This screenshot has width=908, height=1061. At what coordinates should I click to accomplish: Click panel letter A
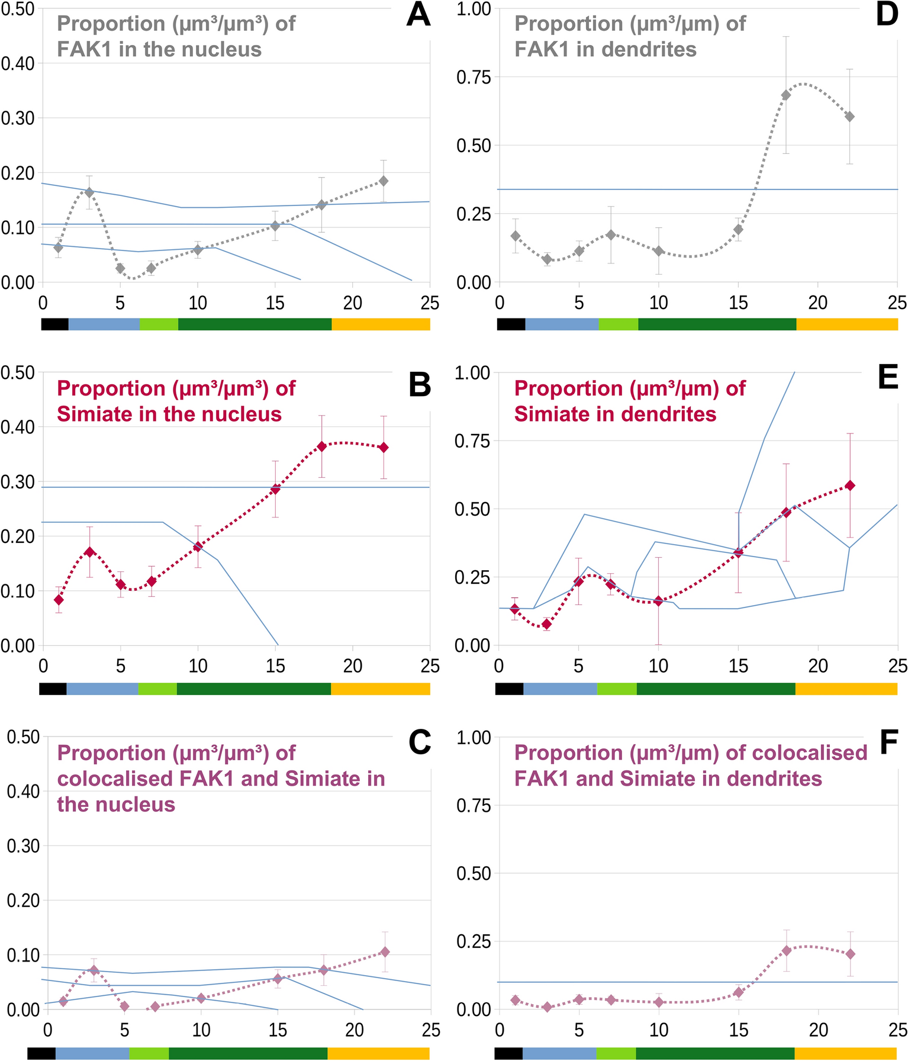tap(418, 16)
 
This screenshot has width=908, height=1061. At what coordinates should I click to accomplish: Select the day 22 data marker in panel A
tap(384, 181)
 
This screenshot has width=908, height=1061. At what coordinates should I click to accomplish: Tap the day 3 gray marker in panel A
tap(89, 192)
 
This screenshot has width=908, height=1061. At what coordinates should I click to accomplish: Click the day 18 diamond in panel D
tap(786, 95)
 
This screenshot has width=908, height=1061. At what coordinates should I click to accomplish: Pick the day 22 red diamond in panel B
tap(384, 448)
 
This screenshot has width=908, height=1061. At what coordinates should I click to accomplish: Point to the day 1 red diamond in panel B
tap(59, 600)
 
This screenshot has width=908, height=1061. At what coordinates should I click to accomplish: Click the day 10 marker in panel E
tap(658, 601)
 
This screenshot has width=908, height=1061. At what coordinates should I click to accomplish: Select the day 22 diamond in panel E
tap(850, 486)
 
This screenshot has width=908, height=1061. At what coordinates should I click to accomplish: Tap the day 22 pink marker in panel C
tap(385, 952)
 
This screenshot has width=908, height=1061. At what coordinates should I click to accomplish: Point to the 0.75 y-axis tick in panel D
tap(474, 78)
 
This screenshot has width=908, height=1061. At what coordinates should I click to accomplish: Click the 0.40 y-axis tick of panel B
tap(18, 427)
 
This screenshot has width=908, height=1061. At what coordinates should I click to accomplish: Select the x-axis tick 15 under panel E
tap(738, 667)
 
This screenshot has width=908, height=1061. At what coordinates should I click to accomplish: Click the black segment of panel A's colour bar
tap(54, 324)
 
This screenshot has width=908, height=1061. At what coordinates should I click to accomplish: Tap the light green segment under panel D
tap(618, 324)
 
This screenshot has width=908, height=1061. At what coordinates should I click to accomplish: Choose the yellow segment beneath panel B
tap(380, 689)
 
